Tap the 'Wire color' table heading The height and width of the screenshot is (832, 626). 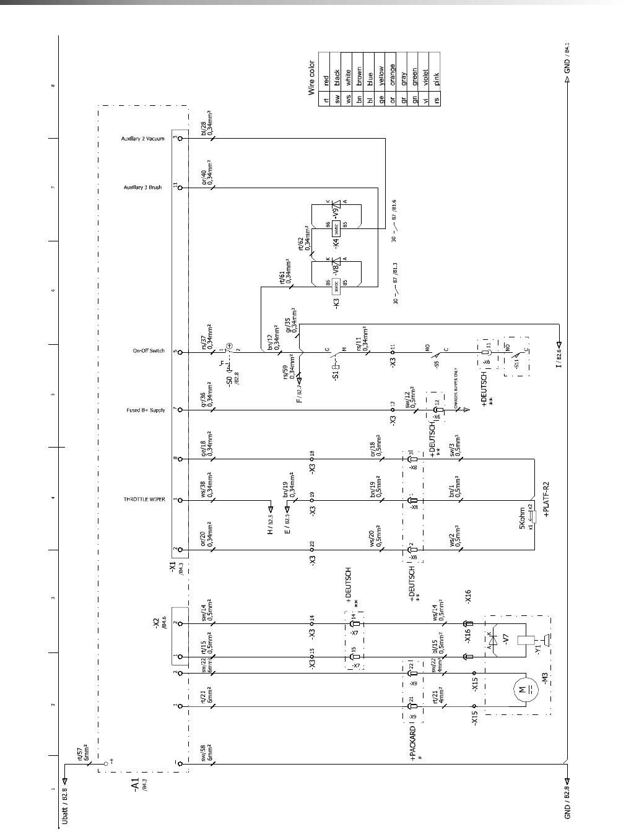pos(312,77)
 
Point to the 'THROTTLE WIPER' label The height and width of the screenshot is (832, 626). pos(144,499)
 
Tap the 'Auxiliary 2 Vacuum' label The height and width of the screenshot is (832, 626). pos(142,139)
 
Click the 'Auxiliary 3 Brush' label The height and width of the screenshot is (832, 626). pos(143,187)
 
